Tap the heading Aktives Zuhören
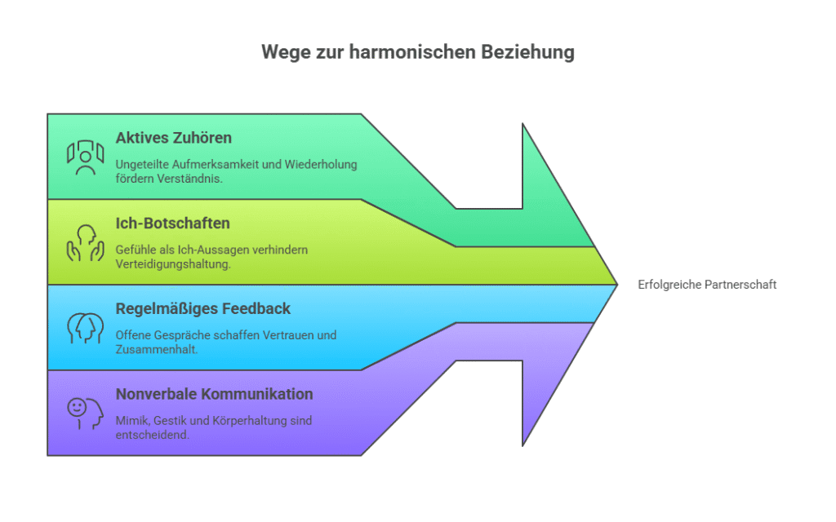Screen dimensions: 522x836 point(173,137)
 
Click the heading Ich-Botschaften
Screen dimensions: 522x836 point(172,223)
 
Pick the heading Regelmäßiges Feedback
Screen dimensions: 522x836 point(202,308)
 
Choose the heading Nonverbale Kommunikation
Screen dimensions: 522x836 point(214,394)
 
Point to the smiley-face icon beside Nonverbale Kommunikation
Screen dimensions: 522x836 point(85,414)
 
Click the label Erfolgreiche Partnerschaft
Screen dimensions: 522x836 point(707,285)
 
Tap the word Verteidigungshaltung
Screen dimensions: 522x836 point(172,263)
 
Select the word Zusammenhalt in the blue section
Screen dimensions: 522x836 point(154,349)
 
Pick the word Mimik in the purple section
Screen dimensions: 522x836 point(131,421)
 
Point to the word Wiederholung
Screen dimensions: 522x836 point(321,164)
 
